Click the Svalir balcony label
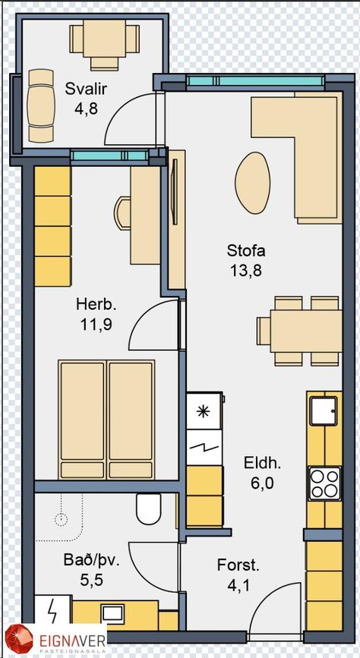pos(86,89)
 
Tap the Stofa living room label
pos(246,251)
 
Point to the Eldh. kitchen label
pos(263,464)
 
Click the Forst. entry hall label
pos(238,565)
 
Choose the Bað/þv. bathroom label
pos(92,561)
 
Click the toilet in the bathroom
pos(149,508)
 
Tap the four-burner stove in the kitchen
pos(324,483)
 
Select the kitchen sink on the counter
pos(324,411)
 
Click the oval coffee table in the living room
pos(252,183)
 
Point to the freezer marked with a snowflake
pos(204,411)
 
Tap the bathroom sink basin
pos(113,614)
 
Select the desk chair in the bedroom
pos(123,213)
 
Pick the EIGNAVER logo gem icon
pos(19,640)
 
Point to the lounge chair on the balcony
pos(41,105)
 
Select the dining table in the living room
pos(306,331)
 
